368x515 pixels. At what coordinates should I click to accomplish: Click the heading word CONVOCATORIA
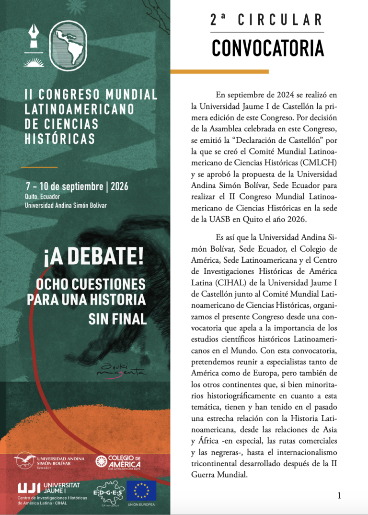tap(267, 48)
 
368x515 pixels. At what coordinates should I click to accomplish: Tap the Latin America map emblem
tap(69, 46)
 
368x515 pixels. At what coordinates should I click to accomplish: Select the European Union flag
tap(141, 490)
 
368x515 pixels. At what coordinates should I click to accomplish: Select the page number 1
tap(339, 495)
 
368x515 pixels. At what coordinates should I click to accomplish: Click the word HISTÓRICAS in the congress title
tap(59, 139)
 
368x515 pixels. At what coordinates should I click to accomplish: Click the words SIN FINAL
tap(117, 319)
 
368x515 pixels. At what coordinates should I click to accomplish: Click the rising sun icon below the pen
tap(34, 62)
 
